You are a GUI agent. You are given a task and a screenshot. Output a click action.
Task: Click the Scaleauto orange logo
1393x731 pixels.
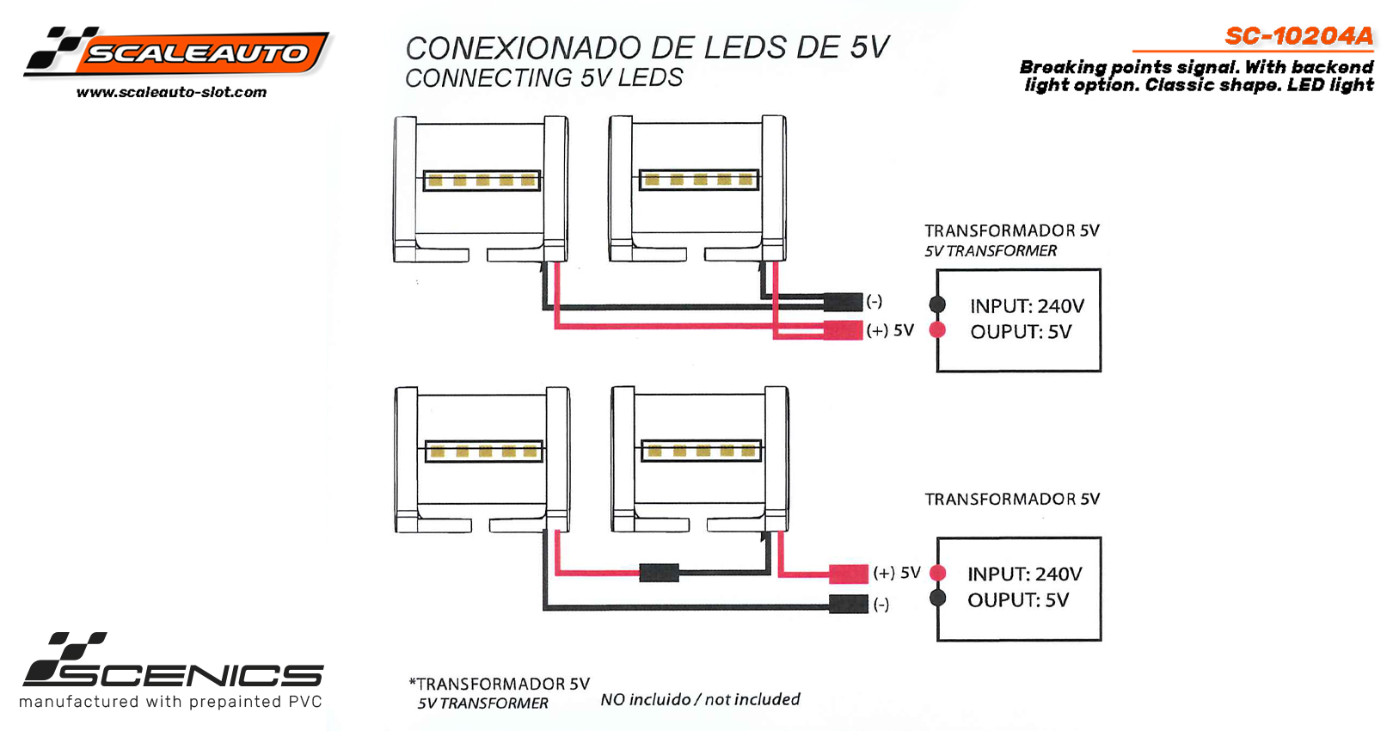tap(176, 52)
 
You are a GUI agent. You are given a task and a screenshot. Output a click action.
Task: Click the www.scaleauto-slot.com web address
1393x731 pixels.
tap(172, 92)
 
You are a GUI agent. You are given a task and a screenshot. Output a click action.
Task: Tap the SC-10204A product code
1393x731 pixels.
tap(1299, 36)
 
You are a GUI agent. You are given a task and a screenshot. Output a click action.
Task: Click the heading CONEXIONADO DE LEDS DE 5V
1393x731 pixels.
tap(647, 48)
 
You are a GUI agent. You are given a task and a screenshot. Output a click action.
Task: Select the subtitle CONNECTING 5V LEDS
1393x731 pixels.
tap(544, 77)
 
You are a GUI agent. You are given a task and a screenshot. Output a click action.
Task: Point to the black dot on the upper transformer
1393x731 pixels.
tap(937, 304)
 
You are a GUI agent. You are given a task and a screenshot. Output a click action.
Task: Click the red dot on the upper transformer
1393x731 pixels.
tap(937, 329)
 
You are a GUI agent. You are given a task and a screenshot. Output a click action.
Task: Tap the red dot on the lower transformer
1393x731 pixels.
tap(938, 573)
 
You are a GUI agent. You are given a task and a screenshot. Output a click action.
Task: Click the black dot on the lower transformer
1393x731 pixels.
tap(938, 599)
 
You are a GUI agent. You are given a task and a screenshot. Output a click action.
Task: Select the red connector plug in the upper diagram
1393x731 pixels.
tap(843, 329)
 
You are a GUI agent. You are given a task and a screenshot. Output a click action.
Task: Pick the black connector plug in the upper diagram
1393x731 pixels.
tap(843, 303)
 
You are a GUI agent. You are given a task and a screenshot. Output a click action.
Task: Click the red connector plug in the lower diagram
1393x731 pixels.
tap(848, 574)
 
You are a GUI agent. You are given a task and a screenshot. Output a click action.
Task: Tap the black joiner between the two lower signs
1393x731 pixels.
tap(660, 573)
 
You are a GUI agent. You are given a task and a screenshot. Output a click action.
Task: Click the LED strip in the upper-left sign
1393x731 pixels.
tap(482, 181)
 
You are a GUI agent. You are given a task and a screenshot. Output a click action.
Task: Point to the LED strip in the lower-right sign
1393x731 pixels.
tap(701, 451)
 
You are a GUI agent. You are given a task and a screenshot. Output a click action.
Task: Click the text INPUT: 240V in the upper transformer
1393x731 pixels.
tap(1028, 306)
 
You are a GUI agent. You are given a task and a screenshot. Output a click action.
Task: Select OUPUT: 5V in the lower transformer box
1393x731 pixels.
tap(1018, 600)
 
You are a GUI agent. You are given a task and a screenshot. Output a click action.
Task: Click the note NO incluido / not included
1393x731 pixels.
tap(700, 699)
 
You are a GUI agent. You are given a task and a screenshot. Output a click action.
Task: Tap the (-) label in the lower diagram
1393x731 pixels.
tap(881, 604)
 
